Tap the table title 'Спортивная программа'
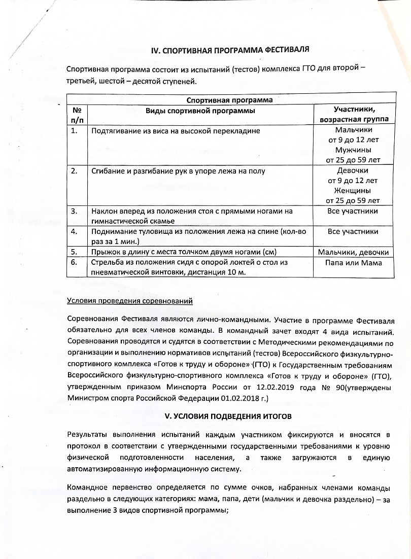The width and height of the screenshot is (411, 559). [x=230, y=100]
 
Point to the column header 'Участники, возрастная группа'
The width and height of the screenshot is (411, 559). [x=354, y=114]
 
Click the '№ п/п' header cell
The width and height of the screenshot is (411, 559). [x=77, y=114]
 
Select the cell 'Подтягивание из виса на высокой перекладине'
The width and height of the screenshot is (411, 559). [x=176, y=130]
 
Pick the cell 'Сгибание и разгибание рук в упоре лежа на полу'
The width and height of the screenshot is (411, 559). [x=178, y=171]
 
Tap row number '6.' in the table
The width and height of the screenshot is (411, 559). [x=75, y=262]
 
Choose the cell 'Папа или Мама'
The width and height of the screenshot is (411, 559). [x=354, y=262]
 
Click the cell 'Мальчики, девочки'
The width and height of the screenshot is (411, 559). [x=354, y=252]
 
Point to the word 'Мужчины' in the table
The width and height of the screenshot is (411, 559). [x=354, y=150]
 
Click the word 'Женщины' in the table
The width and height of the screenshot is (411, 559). [x=354, y=191]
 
